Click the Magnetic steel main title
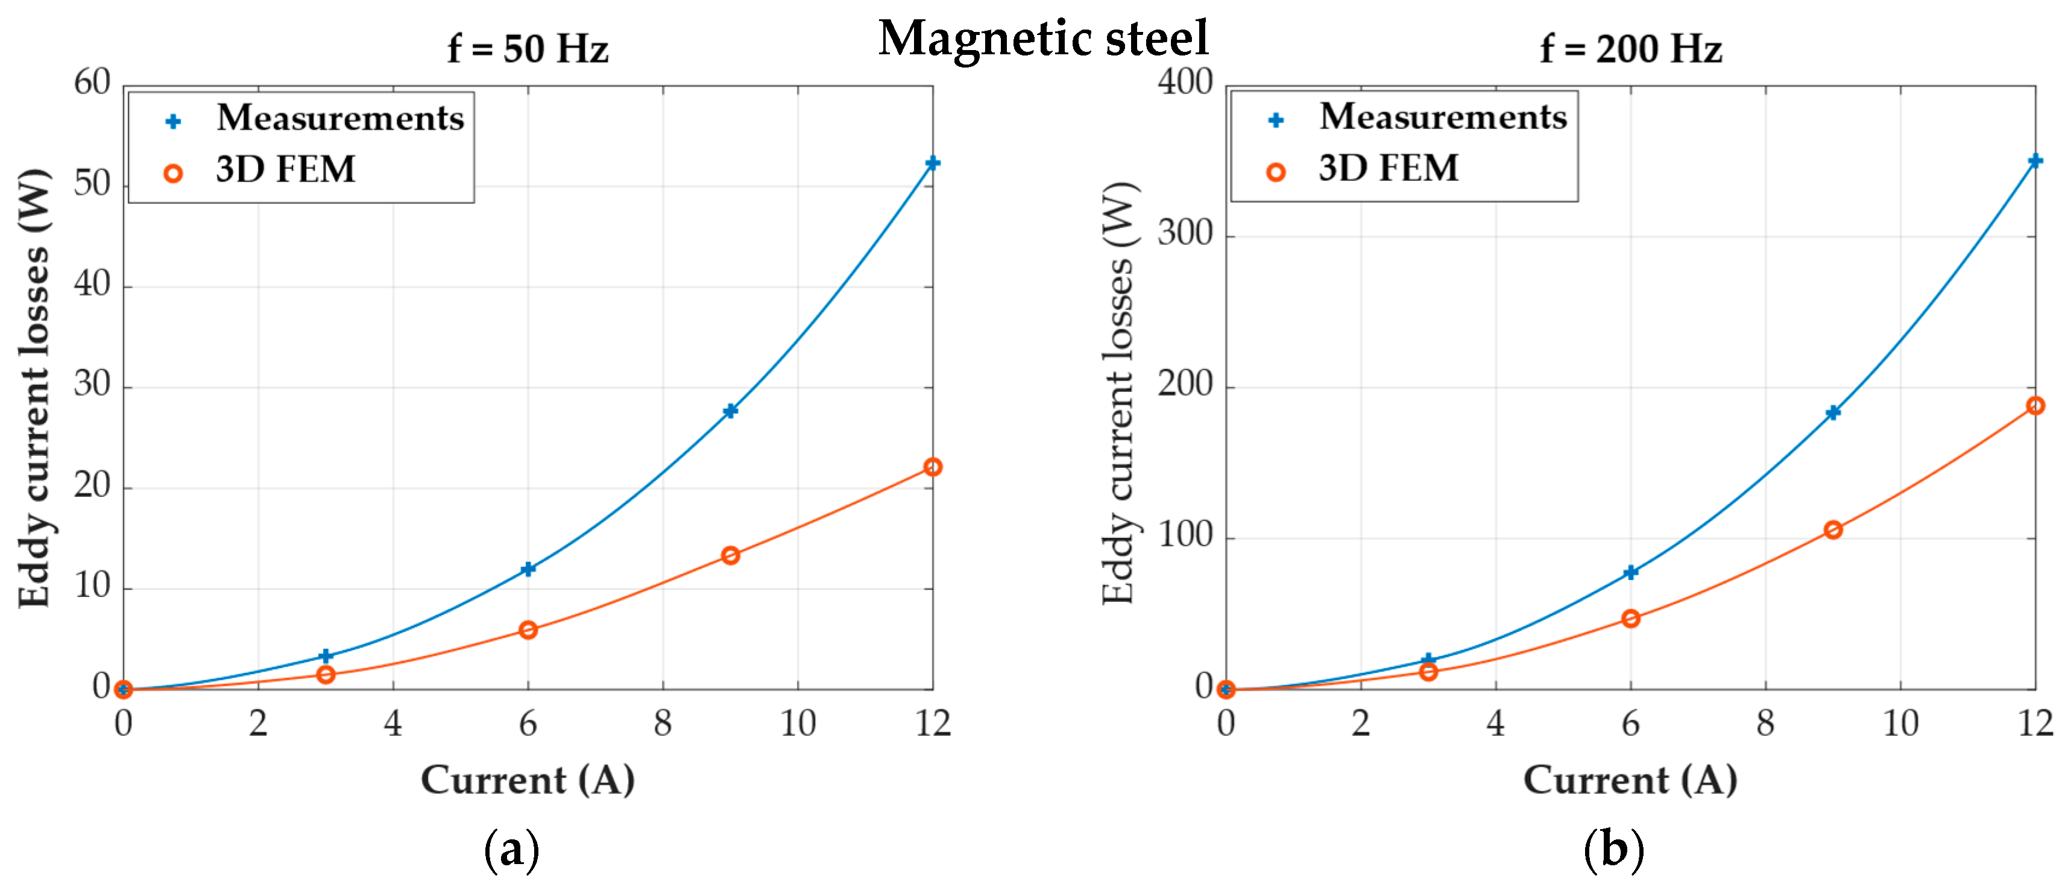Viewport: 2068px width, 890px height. pos(1043,38)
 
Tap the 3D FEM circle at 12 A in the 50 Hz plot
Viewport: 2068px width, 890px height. pos(932,467)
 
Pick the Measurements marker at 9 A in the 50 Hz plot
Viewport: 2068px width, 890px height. pos(730,411)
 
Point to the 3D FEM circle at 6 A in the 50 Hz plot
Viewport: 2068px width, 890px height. pos(528,630)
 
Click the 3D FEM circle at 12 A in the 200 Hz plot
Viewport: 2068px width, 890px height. pos(2034,406)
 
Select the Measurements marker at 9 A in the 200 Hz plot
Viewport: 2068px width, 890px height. pos(1833,412)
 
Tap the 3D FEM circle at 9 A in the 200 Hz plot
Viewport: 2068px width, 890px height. pos(1833,529)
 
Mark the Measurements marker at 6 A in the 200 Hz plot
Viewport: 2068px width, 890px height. pos(1630,572)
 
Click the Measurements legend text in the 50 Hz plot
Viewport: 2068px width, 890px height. pos(341,118)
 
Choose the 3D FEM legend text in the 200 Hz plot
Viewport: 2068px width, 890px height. pos(1388,168)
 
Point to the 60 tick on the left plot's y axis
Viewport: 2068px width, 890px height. pos(92,82)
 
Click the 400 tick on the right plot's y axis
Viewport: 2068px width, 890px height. pos(1184,82)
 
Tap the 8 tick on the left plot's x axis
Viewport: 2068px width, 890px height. pos(663,723)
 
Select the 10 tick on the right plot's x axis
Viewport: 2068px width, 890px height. pos(1900,723)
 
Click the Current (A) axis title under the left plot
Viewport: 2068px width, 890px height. pos(528,780)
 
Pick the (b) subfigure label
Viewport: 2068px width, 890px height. pos(1613,849)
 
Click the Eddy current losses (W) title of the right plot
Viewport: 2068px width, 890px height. pos(1118,393)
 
